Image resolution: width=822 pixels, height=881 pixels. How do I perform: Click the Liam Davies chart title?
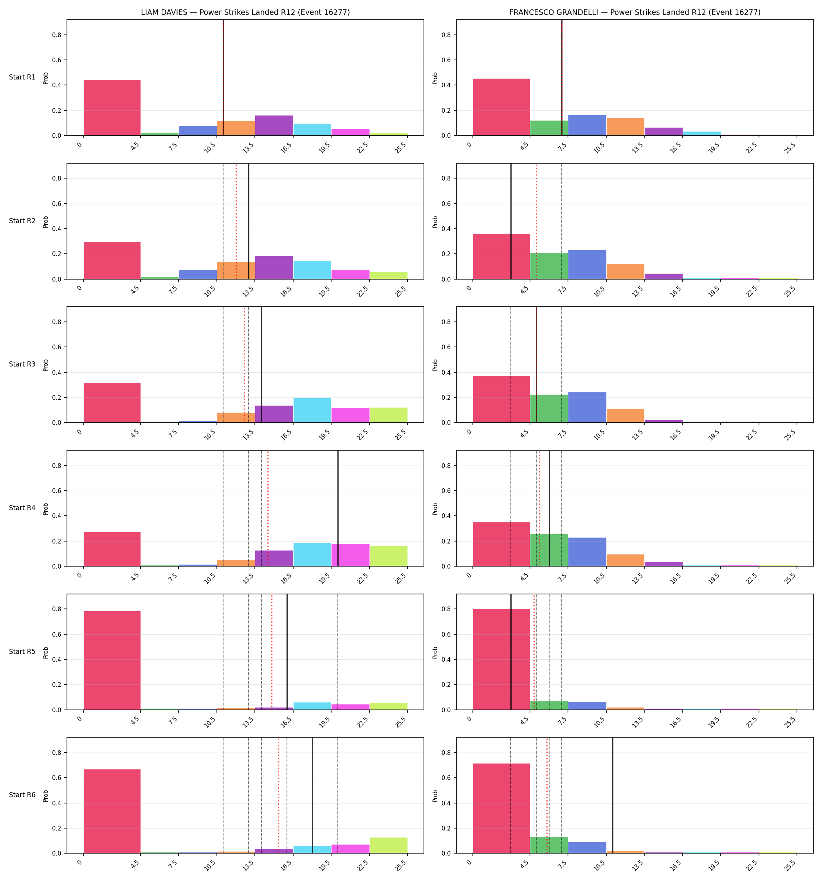(245, 13)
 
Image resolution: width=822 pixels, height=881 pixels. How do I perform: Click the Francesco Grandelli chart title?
(635, 13)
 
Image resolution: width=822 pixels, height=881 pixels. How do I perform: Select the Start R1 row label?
(22, 77)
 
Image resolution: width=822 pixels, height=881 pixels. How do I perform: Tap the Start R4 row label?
(22, 508)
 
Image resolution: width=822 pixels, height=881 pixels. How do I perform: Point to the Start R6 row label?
(22, 795)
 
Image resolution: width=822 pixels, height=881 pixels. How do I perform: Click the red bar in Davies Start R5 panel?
(112, 660)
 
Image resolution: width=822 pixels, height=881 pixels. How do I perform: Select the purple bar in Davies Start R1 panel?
(274, 125)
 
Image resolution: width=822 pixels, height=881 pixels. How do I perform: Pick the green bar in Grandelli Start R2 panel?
(549, 266)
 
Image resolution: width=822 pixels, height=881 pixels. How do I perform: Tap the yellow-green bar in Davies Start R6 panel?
(389, 845)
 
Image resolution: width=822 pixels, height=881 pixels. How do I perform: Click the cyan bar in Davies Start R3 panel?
(312, 410)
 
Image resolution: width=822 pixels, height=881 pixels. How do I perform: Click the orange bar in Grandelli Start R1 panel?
(625, 127)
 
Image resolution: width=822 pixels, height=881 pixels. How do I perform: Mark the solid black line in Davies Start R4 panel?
(338, 508)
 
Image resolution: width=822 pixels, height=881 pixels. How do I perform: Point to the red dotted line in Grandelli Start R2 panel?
(536, 221)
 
